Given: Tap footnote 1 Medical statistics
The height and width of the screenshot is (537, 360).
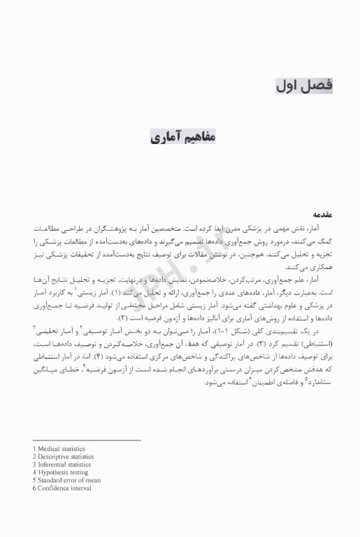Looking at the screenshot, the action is click(x=59, y=448).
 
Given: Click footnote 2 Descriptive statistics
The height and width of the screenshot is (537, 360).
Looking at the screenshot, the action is click(x=63, y=456).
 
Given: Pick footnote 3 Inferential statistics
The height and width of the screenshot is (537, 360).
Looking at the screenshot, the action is click(x=62, y=464).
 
